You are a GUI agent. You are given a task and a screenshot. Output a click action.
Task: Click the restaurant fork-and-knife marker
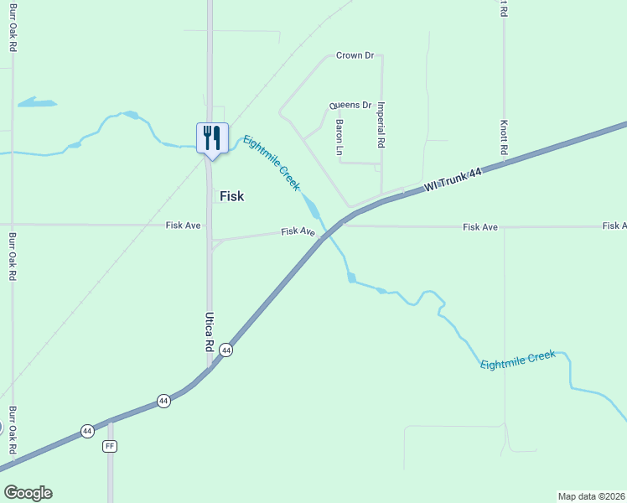212,137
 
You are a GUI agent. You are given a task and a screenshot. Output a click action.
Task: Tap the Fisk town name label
231,195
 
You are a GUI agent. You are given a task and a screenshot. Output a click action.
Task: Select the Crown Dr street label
355,55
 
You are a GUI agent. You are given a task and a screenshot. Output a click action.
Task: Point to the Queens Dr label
350,106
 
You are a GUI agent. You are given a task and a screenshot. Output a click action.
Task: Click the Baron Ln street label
339,136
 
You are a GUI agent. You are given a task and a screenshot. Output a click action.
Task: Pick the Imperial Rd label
381,125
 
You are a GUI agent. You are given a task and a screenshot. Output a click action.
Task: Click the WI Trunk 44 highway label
453,179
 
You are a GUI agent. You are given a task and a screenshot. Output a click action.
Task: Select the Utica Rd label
210,331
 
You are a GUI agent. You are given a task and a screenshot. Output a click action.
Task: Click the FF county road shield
110,446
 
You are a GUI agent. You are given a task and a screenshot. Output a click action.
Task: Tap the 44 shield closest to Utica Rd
226,350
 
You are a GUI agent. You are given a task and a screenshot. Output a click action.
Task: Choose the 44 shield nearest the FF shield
87,431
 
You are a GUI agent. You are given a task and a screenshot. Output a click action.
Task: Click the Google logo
28,493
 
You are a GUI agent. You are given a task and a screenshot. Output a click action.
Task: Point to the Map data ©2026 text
591,496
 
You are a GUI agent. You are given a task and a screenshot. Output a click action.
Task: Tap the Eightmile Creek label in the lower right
517,360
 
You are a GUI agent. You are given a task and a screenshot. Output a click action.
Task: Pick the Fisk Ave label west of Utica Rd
184,225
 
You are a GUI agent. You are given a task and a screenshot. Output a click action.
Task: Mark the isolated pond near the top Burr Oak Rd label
36,103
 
